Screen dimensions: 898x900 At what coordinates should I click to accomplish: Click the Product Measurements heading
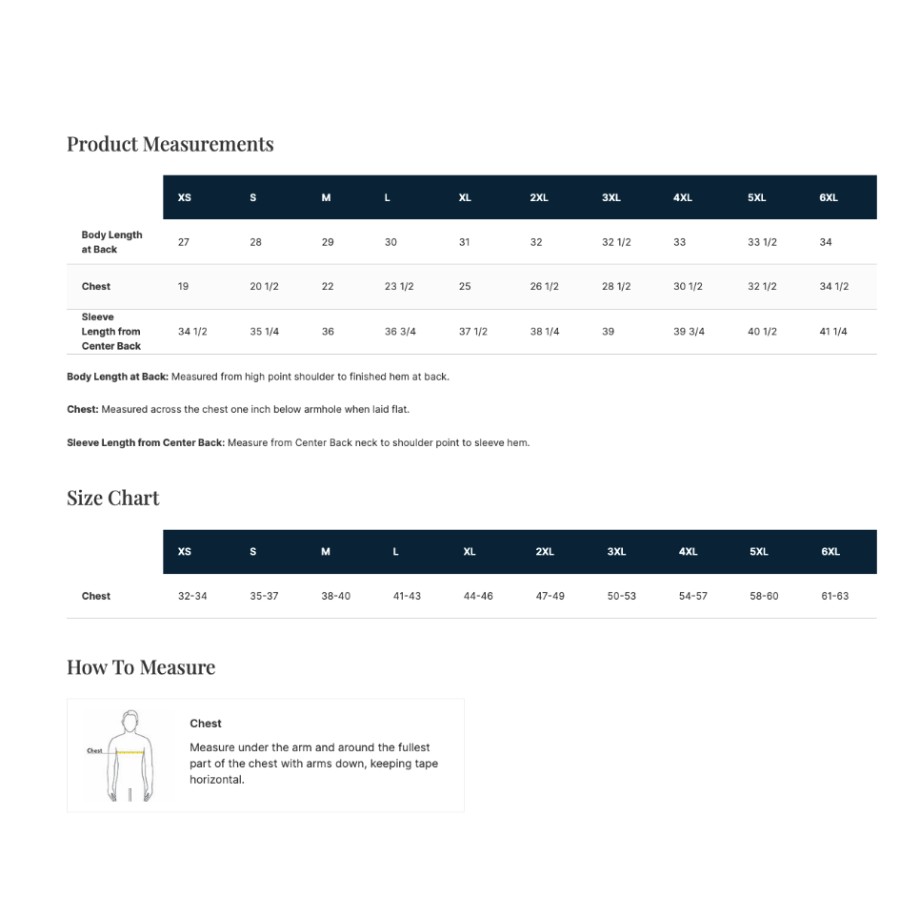coord(170,144)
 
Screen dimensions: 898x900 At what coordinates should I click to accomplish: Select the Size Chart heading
coord(112,498)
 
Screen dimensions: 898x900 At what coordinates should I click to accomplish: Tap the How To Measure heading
coord(141,667)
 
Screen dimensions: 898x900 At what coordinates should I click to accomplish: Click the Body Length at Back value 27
coord(184,242)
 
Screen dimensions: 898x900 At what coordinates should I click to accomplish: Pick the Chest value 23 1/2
coord(399,287)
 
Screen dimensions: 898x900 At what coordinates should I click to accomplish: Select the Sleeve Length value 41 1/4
coord(833,332)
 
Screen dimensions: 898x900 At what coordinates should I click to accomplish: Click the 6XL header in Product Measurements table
coord(829,198)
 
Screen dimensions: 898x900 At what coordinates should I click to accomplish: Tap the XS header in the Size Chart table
coord(185,552)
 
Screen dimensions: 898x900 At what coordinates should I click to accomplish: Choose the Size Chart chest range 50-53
coord(621,597)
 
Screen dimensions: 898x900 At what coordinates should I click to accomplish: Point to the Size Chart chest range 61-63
coord(834,597)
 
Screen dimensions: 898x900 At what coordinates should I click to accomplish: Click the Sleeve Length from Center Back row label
coord(110,332)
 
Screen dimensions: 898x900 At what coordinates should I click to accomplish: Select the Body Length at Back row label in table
coord(111,242)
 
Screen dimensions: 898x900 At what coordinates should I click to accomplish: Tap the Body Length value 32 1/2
coord(616,242)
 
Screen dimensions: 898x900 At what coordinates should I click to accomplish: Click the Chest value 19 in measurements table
coord(183,287)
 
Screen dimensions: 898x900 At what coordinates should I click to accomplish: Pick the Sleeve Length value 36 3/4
coord(400,332)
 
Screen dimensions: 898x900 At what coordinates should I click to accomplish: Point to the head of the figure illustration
coord(130,720)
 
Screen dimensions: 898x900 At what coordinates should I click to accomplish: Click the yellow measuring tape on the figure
coord(130,753)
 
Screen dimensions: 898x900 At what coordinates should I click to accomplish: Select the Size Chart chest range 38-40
coord(335,597)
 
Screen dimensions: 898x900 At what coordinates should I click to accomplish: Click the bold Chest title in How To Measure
coord(206,724)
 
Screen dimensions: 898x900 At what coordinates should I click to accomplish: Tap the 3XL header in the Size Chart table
coord(617,552)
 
